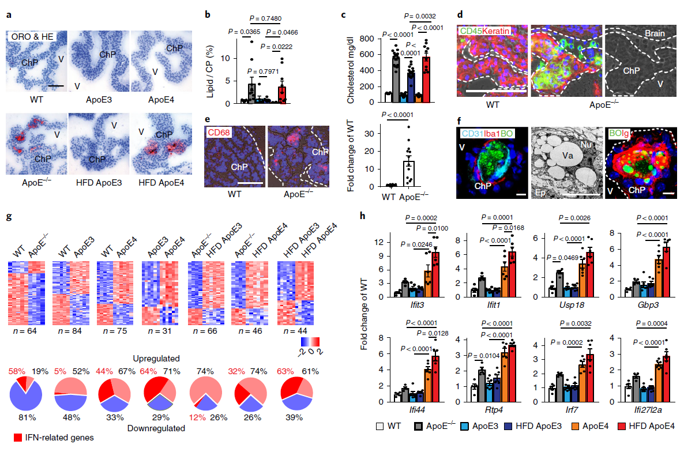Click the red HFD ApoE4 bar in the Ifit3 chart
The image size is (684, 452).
click(435, 271)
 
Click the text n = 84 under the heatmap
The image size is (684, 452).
click(72, 330)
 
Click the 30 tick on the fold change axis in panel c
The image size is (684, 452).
click(374, 134)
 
